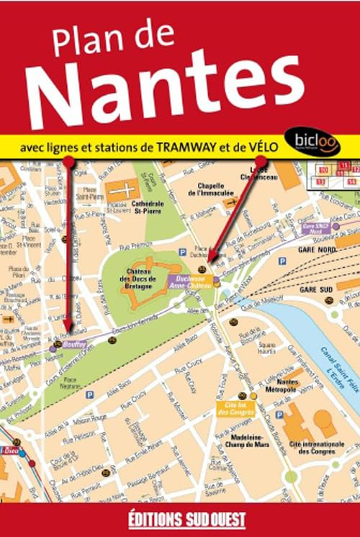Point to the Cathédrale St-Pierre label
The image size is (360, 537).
(x=148, y=207)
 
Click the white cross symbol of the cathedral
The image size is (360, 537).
(x=120, y=191)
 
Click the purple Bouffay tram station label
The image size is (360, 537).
(x=75, y=343)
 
